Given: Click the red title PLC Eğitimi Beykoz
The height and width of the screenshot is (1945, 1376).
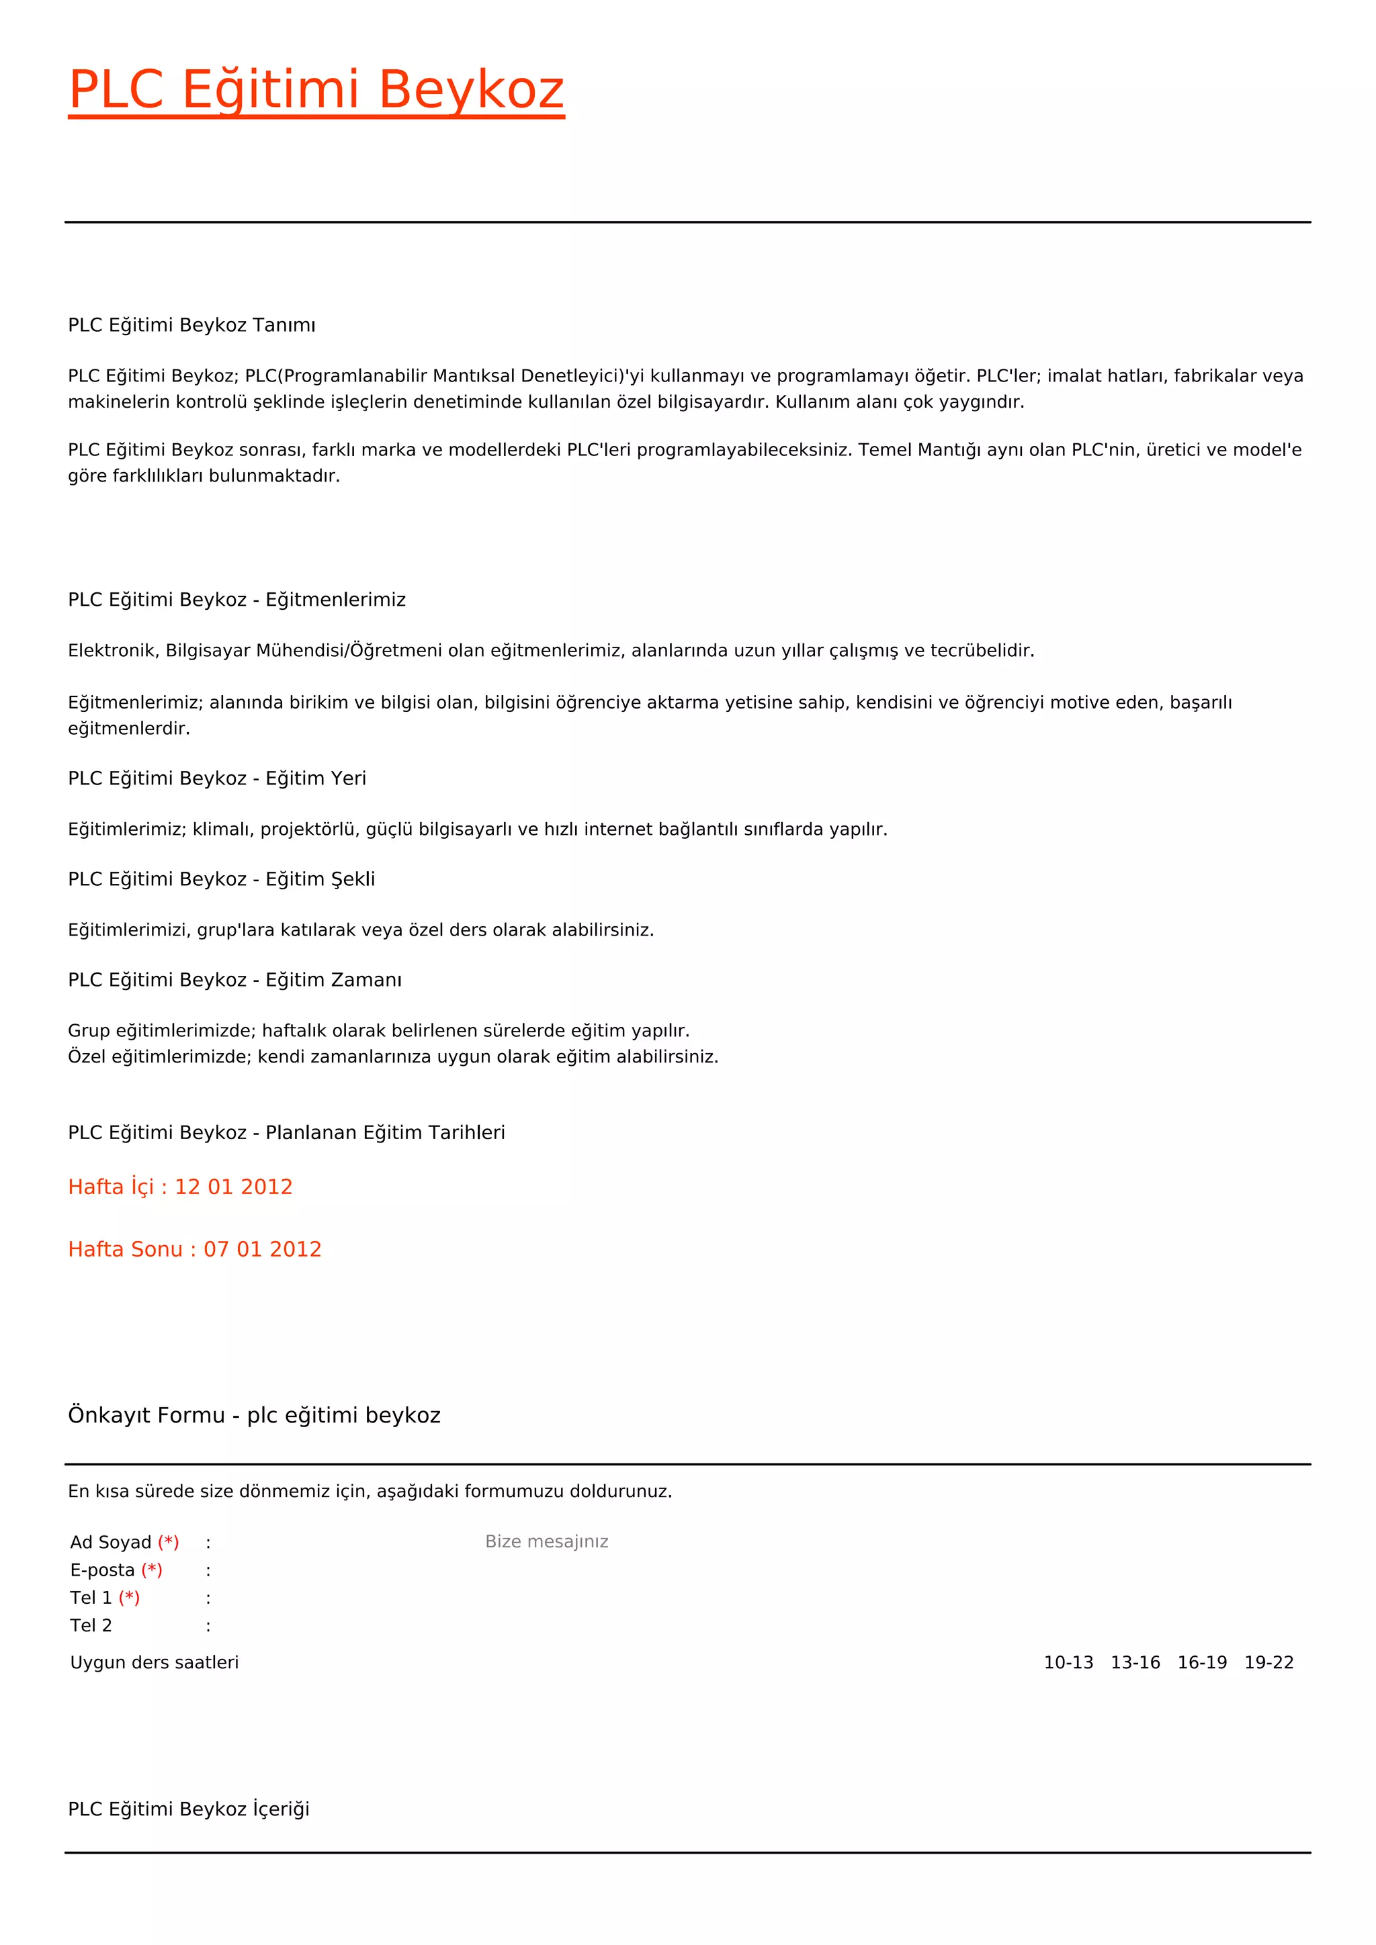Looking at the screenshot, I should (316, 90).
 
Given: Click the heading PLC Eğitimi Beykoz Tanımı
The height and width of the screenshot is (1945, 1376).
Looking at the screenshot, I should (191, 325).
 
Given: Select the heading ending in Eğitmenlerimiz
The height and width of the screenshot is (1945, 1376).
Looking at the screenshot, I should (236, 600).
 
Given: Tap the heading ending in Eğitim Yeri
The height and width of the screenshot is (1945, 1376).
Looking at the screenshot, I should (217, 778).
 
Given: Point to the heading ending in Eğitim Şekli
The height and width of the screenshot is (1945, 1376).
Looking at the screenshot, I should (221, 879).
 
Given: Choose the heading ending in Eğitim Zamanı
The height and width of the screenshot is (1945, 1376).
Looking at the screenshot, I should (234, 980).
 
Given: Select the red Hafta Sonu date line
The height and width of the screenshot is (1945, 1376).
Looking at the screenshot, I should (195, 1249).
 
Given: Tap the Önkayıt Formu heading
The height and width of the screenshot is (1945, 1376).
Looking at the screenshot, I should (254, 1416).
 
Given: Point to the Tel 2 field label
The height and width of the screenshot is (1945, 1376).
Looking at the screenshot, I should (91, 1625).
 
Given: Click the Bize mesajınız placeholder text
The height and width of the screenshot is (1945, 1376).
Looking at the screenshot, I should (546, 1542).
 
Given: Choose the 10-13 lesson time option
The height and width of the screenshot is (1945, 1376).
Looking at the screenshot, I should (1068, 1663).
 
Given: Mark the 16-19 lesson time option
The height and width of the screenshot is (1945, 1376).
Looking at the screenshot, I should (1202, 1663).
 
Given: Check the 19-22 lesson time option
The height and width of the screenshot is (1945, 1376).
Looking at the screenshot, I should (1269, 1663).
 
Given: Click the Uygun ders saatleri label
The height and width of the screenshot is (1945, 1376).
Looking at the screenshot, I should (155, 1663).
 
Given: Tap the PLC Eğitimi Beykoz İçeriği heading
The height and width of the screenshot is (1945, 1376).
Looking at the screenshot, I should (189, 1809).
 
